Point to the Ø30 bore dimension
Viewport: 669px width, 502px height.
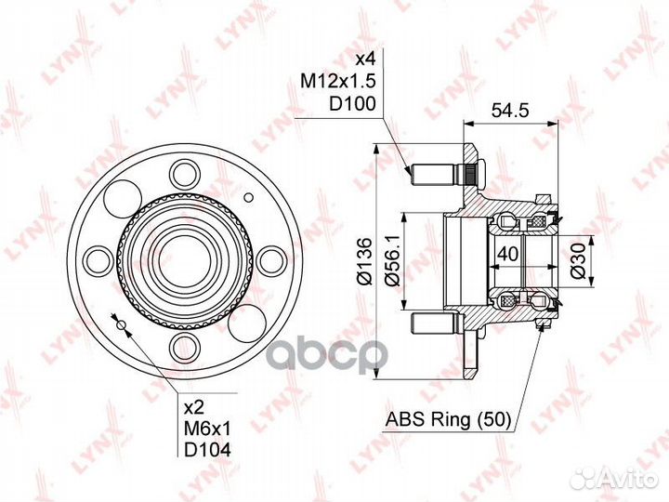pos(577,261)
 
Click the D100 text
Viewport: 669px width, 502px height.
pos(355,106)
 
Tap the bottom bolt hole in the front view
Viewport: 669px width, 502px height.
pos(184,348)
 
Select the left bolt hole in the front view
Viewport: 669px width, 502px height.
pos(96,259)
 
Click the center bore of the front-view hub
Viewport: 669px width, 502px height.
pos(184,259)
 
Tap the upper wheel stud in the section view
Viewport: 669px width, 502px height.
pos(440,174)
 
